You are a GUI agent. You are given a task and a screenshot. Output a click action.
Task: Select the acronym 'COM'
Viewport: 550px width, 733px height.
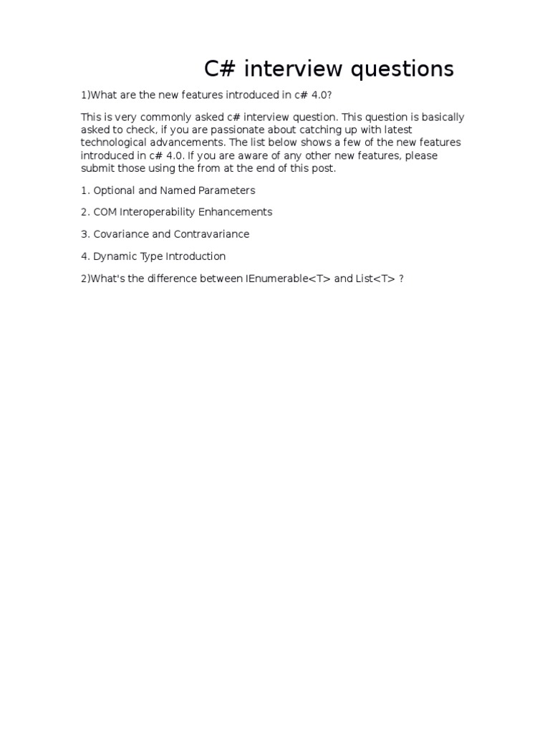(x=105, y=212)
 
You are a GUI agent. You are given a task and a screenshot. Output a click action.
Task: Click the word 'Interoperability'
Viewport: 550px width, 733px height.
(x=155, y=212)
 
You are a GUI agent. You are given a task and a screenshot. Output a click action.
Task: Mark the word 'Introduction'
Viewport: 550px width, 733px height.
(x=196, y=256)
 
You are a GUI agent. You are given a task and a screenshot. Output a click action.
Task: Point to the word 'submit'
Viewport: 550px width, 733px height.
(x=97, y=168)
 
